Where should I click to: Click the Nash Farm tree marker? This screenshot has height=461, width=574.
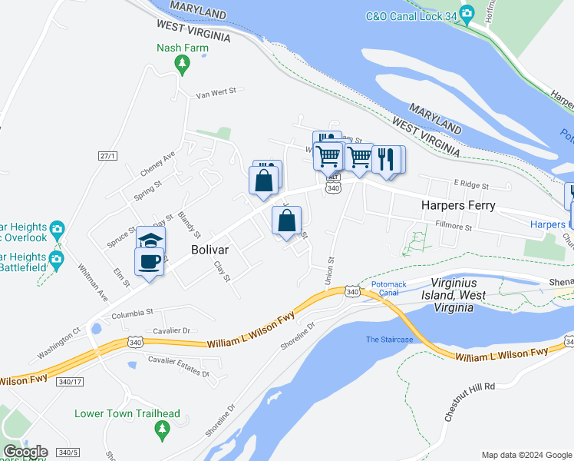pyautogui.click(x=182, y=66)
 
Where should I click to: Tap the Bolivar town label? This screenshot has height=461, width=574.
pyautogui.click(x=213, y=250)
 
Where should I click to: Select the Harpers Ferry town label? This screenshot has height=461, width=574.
pyautogui.click(x=458, y=206)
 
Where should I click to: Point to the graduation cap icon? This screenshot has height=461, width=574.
pyautogui.click(x=151, y=239)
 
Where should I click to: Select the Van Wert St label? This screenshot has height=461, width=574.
pyautogui.click(x=214, y=95)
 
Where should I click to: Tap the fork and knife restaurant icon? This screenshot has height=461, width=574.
pyautogui.click(x=384, y=159)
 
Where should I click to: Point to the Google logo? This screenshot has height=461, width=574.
pyautogui.click(x=25, y=452)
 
